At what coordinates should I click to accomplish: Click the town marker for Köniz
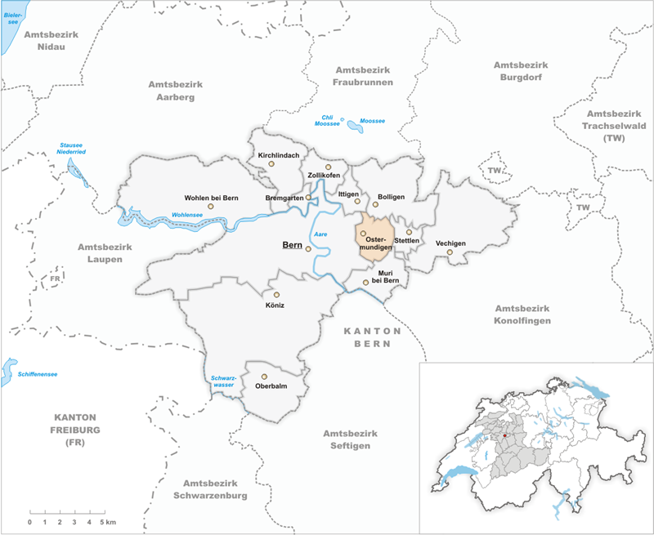pyautogui.click(x=276, y=295)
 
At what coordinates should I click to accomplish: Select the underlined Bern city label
pyautogui.click(x=291, y=245)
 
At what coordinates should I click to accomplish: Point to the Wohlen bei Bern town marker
pyautogui.click(x=210, y=207)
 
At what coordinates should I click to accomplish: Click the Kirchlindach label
pyautogui.click(x=278, y=155)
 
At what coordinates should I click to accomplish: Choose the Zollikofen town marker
pyautogui.click(x=328, y=167)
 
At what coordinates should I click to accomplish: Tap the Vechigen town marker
pyautogui.click(x=449, y=252)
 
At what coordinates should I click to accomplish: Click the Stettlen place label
pyautogui.click(x=406, y=241)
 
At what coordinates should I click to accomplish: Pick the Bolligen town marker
pyautogui.click(x=376, y=204)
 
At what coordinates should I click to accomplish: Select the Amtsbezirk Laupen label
pyautogui.click(x=100, y=252)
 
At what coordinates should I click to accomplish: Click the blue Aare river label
pyautogui.click(x=321, y=234)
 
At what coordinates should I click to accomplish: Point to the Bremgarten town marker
pyautogui.click(x=308, y=198)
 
